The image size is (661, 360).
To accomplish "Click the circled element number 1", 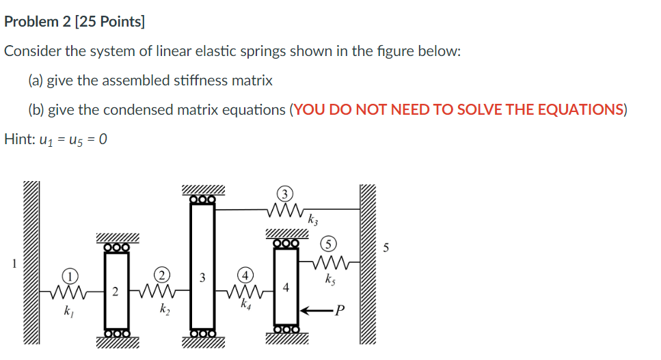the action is point(69,276).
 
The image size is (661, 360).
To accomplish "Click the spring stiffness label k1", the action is point(68,311).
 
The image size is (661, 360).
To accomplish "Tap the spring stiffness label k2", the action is point(165,311).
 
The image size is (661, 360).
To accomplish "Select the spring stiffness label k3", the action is point(312,220).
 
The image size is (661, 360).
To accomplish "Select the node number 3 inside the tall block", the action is point(202,277).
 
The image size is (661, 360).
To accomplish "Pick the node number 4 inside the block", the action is point(286,288).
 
